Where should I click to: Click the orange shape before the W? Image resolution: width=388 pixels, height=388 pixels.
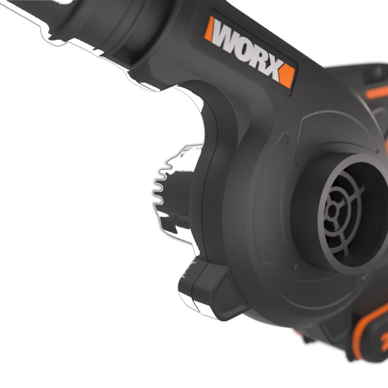coord(209,29)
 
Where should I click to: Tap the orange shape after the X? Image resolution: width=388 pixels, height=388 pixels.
coord(287,76)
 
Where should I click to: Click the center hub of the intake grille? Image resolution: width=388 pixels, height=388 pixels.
coord(332,212)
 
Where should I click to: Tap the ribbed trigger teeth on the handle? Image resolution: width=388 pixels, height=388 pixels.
coord(159,189)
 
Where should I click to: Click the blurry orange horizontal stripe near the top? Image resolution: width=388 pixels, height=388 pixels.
coord(377,92)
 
